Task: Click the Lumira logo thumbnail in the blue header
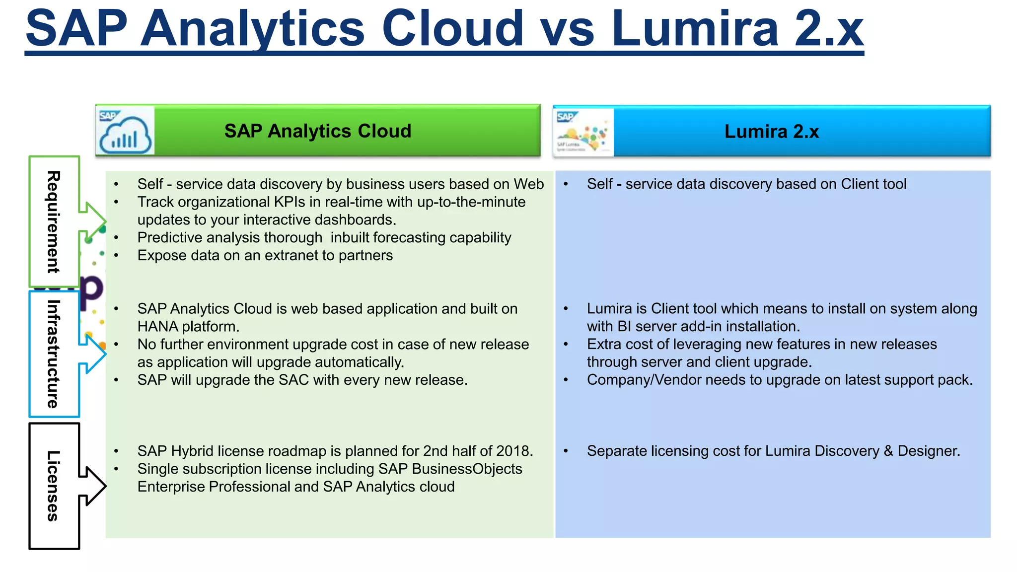[583, 132]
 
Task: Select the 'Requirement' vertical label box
[54, 221]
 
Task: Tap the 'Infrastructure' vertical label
[54, 354]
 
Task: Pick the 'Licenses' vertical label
[54, 486]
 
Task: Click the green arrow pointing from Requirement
[92, 221]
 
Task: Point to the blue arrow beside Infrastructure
[92, 354]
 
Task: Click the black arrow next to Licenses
[92, 486]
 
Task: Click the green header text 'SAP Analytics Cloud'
[318, 131]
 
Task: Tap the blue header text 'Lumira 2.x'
[771, 132]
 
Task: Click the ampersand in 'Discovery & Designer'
[888, 451]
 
